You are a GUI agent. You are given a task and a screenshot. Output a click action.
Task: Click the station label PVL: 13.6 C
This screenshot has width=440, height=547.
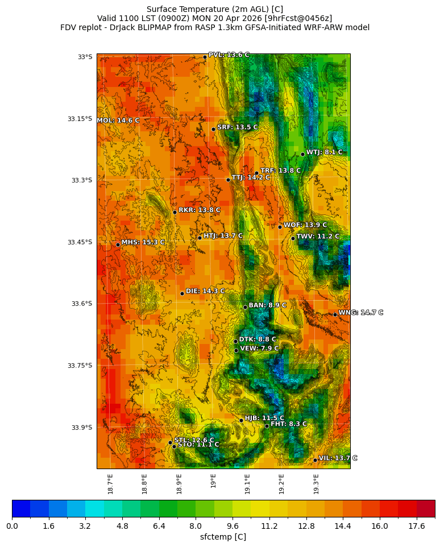point(229,55)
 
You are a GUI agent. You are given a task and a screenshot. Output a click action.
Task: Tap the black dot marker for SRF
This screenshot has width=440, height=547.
point(214,129)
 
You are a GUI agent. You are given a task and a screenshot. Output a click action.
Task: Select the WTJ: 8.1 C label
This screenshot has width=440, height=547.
point(324,152)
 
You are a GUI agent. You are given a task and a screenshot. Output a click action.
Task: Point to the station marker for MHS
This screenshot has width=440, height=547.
point(118,245)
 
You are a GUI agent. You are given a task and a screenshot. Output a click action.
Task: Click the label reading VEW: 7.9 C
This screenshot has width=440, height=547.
point(259,349)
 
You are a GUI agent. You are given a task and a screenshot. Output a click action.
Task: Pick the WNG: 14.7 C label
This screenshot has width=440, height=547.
point(360,313)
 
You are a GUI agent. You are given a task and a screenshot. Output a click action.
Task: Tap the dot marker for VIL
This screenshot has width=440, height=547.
point(315,460)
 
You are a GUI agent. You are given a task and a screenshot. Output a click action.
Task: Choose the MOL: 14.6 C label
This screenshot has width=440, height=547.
point(118,121)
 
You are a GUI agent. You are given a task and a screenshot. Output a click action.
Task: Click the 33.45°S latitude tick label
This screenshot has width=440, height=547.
point(80,242)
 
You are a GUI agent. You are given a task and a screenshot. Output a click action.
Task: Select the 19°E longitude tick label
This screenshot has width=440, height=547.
point(213,480)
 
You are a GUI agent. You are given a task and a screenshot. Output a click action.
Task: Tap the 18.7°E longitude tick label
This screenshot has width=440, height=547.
point(110,484)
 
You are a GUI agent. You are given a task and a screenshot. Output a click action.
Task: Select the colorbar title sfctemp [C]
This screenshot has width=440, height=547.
point(223,537)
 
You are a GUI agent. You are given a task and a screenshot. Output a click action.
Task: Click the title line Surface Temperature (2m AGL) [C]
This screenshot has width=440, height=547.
point(215,9)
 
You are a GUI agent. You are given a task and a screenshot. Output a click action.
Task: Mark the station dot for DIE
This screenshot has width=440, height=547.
point(182,293)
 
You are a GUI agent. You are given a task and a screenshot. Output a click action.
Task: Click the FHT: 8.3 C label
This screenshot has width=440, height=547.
point(288,424)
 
